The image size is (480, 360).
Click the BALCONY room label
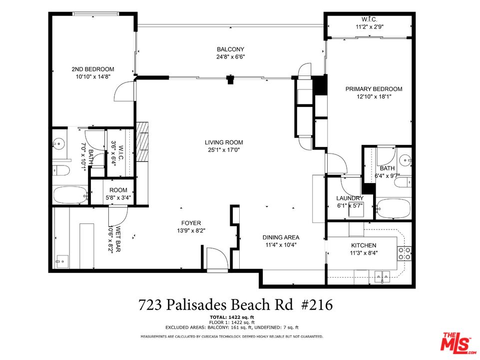click(231, 49)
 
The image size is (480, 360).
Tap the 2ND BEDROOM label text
click(93, 69)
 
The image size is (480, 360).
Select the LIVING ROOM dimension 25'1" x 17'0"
click(224, 150)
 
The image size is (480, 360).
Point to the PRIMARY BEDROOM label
click(374, 89)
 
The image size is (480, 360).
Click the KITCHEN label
click(364, 245)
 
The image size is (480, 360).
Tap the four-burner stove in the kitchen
click(405, 253)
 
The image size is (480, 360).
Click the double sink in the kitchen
click(383, 276)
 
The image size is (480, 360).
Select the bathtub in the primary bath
click(393, 208)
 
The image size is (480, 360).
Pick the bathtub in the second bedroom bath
click(70, 195)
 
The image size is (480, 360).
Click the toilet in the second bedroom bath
click(61, 170)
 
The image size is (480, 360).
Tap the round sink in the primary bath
click(406, 160)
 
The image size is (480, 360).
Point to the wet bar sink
click(62, 261)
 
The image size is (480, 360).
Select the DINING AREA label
click(281, 237)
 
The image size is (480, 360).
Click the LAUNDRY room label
click(350, 198)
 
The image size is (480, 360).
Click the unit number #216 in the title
click(317, 305)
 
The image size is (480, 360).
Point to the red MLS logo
click(458, 342)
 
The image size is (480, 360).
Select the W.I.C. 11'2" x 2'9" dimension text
click(370, 26)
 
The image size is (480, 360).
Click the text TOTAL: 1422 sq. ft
click(232, 317)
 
